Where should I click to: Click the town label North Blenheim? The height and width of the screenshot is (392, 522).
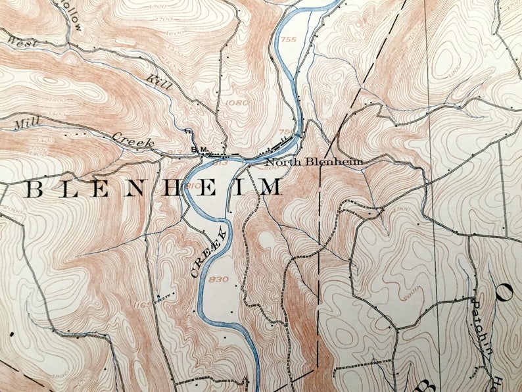tap(314, 161)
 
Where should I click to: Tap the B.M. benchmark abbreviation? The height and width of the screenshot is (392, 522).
tap(197, 150)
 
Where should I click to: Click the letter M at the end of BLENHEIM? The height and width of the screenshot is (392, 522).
tap(270, 188)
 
